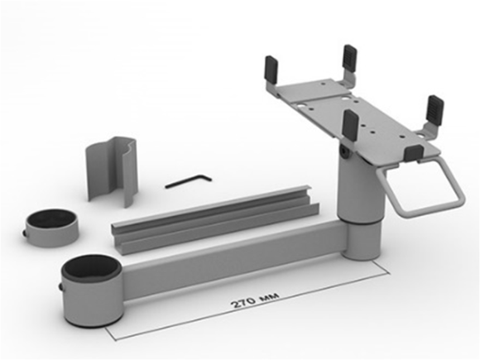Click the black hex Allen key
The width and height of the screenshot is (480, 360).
187,181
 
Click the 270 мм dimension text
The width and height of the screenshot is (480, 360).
255,300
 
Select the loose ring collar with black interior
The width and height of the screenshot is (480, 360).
51,228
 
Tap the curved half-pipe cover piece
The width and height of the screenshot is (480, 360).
112,170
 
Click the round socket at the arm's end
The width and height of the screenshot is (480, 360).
93,290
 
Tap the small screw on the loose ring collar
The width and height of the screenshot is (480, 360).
24,233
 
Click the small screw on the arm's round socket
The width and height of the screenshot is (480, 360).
60,287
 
